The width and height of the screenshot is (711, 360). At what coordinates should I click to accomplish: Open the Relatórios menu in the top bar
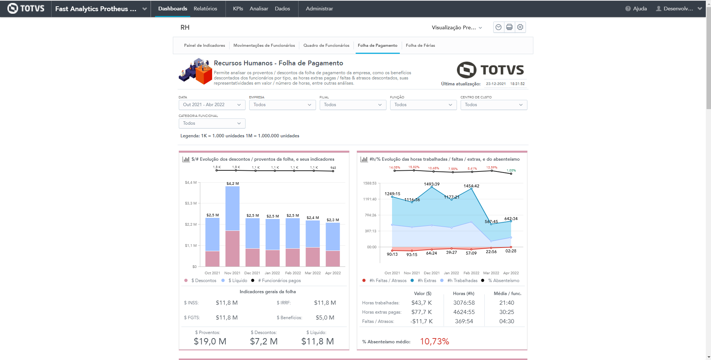point(205,9)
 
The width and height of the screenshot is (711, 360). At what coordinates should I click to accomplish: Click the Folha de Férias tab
point(420,45)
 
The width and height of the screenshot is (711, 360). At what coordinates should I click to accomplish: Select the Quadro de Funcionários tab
point(326,45)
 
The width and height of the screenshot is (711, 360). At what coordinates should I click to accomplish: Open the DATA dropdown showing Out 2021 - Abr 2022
point(212,105)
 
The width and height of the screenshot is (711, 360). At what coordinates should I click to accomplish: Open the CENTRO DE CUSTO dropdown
point(493,105)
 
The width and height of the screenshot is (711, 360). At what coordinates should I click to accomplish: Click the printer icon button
point(509,27)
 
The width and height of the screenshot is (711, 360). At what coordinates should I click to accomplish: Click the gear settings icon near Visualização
point(520,27)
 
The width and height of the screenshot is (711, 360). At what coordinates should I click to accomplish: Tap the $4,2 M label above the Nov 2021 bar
point(233,183)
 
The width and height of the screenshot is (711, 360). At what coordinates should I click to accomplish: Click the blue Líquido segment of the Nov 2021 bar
point(233,208)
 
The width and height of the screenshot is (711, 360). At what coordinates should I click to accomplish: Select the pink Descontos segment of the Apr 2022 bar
point(333,258)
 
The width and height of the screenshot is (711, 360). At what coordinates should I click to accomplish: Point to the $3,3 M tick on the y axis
point(191,203)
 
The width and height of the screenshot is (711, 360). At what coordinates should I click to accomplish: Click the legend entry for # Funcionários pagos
point(279,281)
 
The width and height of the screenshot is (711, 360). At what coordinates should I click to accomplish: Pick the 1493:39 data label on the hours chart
point(432,184)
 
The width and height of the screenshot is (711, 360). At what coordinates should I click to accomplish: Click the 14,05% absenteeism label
point(394,167)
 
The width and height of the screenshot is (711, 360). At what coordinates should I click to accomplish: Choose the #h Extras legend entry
point(427,281)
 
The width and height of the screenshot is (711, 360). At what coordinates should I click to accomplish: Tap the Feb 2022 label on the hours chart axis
point(471,273)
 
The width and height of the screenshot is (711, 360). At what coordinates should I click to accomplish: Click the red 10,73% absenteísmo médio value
point(434,341)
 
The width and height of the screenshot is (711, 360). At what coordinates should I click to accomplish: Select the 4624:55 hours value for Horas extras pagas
point(464,312)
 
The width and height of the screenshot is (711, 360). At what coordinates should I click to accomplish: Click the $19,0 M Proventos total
point(210,341)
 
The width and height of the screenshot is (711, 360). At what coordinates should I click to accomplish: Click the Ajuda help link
point(639,9)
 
